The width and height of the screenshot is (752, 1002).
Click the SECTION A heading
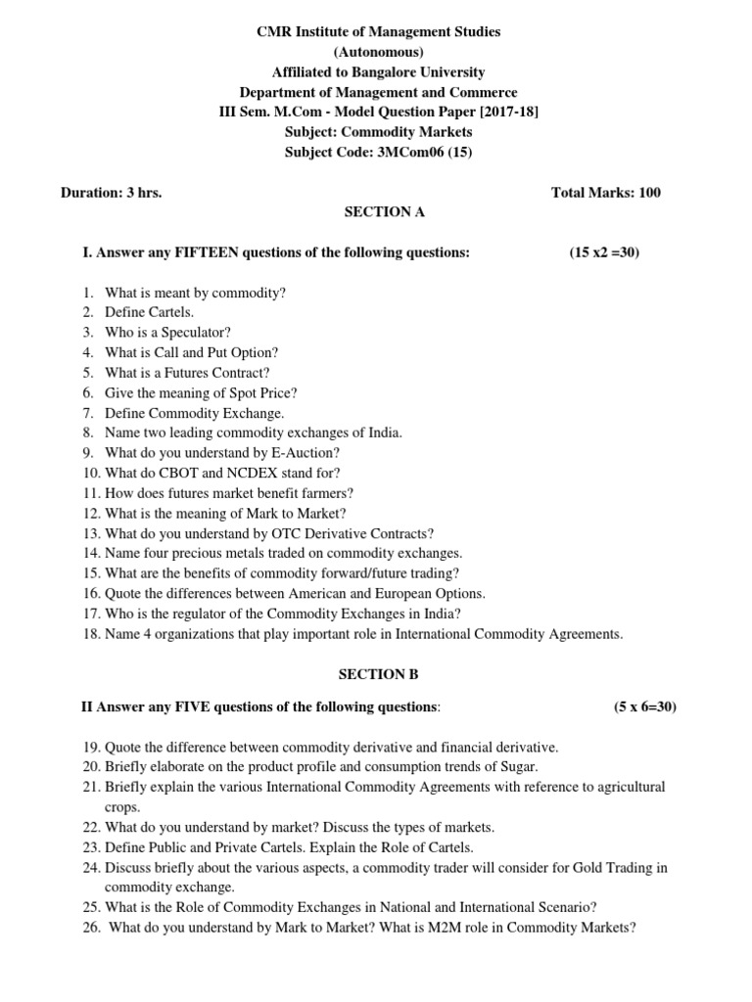tap(384, 212)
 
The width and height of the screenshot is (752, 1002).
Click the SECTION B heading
tap(372, 674)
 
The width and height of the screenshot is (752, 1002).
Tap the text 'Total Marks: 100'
tap(606, 192)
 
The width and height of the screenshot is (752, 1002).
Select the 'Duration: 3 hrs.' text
tap(111, 192)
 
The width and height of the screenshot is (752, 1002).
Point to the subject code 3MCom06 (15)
tap(424, 152)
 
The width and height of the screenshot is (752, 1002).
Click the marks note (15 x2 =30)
tap(604, 252)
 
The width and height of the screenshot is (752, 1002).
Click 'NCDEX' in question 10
tap(260, 473)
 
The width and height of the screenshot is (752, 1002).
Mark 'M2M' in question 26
tap(457, 928)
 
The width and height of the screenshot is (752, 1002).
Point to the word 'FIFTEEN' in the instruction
tap(204, 252)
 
